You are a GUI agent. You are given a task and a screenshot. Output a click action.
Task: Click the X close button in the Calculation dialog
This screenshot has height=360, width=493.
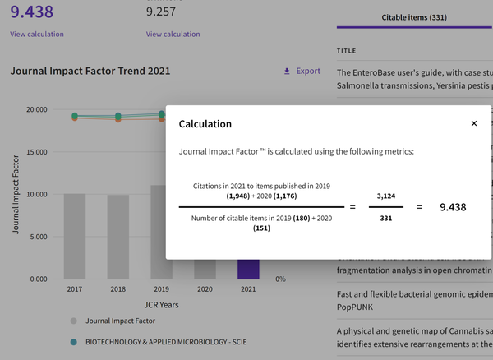pyautogui.click(x=474, y=123)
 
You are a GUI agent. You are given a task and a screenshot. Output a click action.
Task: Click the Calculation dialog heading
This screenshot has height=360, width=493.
pyautogui.click(x=205, y=124)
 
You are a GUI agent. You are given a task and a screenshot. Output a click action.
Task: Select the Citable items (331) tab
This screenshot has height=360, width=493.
pyautogui.click(x=415, y=16)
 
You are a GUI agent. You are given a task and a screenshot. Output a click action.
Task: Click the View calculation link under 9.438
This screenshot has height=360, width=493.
pyautogui.click(x=37, y=35)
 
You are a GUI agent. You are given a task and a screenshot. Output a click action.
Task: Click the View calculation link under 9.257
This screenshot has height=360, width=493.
pyautogui.click(x=173, y=35)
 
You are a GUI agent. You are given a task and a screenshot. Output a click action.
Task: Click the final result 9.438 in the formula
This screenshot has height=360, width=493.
pyautogui.click(x=453, y=207)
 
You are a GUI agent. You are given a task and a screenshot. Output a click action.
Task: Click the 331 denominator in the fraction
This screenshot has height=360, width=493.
pyautogui.click(x=386, y=218)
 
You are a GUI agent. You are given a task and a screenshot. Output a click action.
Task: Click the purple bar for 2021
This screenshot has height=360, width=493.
pyautogui.click(x=248, y=270)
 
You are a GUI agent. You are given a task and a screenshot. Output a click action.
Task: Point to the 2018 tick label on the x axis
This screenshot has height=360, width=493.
pyautogui.click(x=118, y=289)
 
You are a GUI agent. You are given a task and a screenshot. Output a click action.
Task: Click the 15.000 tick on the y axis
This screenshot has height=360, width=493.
pyautogui.click(x=37, y=152)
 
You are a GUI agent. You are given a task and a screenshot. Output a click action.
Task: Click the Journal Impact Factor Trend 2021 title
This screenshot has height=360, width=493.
pyautogui.click(x=90, y=71)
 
